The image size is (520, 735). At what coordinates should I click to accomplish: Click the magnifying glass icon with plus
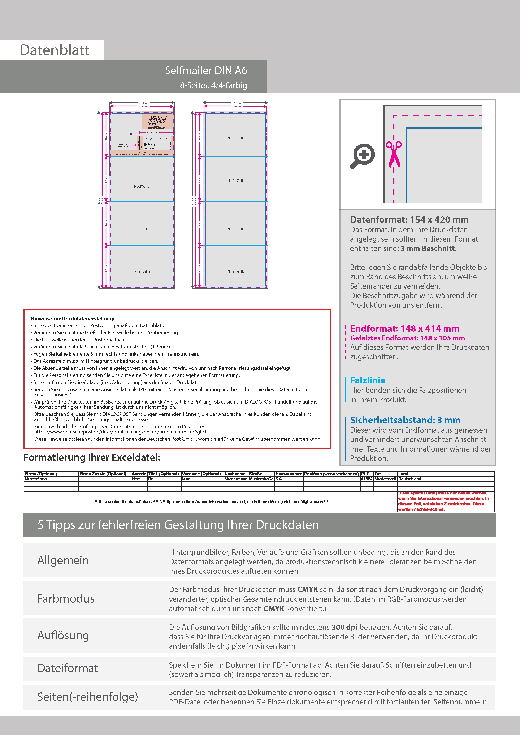pos(362,156)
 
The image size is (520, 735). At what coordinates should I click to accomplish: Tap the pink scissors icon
pos(394,154)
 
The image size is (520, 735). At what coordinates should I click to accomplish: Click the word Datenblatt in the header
pos(55,50)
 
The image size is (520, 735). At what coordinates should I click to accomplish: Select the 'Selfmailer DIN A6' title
pos(206,70)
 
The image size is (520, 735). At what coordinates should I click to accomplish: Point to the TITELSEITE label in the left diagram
pos(125,134)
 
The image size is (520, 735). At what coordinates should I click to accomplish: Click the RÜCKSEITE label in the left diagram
pos(142,186)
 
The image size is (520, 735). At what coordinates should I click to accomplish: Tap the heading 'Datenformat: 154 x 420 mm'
pos(409,220)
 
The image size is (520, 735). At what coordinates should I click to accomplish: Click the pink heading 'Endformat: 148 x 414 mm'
pos(404,329)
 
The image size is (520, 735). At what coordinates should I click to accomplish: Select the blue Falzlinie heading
pos(368,380)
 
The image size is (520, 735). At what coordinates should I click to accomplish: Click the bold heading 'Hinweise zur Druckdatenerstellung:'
pos(72,318)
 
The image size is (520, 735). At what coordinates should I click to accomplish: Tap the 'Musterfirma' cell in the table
pos(36,479)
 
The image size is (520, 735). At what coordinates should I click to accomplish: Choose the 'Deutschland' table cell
pos(409,479)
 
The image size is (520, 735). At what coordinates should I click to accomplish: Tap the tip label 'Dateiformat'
pos(67,668)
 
